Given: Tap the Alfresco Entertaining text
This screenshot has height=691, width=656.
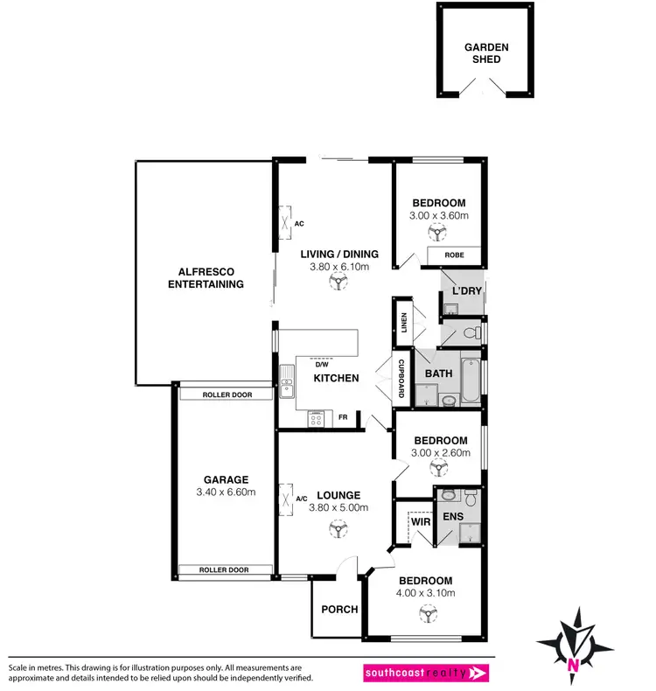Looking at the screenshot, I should point(206,277).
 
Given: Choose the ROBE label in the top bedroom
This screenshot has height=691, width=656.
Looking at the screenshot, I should point(454,255).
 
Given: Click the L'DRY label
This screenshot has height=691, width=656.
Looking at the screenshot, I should point(467,290).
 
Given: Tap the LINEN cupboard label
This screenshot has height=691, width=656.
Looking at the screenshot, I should point(404,324).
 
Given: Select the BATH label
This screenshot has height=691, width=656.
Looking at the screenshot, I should point(438,373).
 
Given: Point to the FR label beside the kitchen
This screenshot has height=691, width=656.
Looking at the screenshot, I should point(343,417).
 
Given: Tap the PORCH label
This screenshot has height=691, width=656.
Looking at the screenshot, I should point(339,609).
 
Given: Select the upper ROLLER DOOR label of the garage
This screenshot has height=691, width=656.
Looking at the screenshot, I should point(227,394).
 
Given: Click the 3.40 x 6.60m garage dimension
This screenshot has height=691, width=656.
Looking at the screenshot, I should point(227,492).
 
